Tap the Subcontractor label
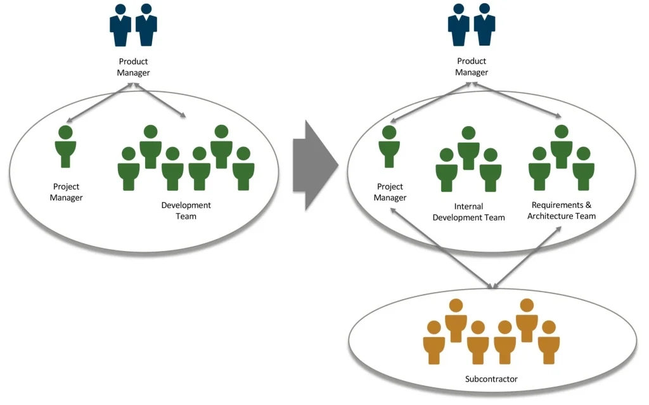point(491,379)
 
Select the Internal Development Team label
point(468,212)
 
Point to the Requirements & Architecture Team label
point(563,210)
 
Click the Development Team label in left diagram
point(186,210)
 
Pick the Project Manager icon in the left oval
point(65,146)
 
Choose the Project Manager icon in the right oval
point(389,146)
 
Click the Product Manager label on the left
point(134,67)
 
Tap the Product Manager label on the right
point(472,67)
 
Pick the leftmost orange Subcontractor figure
point(434,342)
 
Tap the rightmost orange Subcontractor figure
point(549,342)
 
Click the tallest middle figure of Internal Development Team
point(468,148)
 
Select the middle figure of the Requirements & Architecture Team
point(561,146)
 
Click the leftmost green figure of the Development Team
point(129,169)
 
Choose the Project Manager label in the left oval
point(67,192)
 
